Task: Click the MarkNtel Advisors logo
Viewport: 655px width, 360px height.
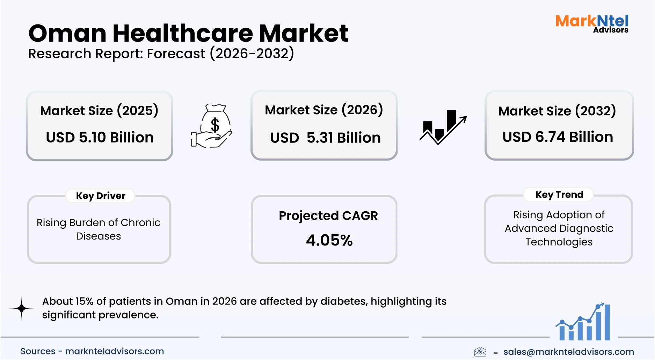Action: tap(592, 24)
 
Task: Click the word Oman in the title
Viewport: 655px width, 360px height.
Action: tap(67, 34)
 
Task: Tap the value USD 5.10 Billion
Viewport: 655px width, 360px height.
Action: tap(100, 137)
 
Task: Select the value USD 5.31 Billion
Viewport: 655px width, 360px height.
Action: tap(325, 138)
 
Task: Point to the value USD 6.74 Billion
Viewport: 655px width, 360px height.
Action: tap(558, 137)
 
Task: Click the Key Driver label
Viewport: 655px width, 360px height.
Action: tap(101, 196)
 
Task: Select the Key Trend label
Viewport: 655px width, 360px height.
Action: tap(559, 195)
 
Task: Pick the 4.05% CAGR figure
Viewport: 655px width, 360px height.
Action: tap(329, 240)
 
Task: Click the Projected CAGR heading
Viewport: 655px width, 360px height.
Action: tap(328, 216)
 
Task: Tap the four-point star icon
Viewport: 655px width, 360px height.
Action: tap(22, 308)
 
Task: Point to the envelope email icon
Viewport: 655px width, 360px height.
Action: tap(480, 351)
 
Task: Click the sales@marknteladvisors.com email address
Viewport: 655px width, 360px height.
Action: tap(568, 352)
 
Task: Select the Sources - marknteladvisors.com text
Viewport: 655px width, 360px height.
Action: tap(92, 351)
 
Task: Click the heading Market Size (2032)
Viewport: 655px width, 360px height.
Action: tap(557, 111)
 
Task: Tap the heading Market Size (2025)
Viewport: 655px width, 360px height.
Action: tap(99, 111)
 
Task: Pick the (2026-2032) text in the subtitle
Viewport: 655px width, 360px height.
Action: tap(252, 54)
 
